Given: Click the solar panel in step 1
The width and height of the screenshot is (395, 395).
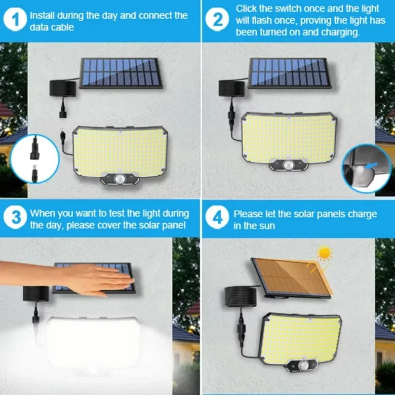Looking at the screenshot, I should click(120, 73).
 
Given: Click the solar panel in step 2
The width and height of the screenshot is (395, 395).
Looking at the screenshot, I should click(289, 73).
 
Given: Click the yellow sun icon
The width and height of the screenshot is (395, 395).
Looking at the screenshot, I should click(324, 253).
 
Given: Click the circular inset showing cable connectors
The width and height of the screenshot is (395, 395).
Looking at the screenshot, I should click(35, 158).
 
